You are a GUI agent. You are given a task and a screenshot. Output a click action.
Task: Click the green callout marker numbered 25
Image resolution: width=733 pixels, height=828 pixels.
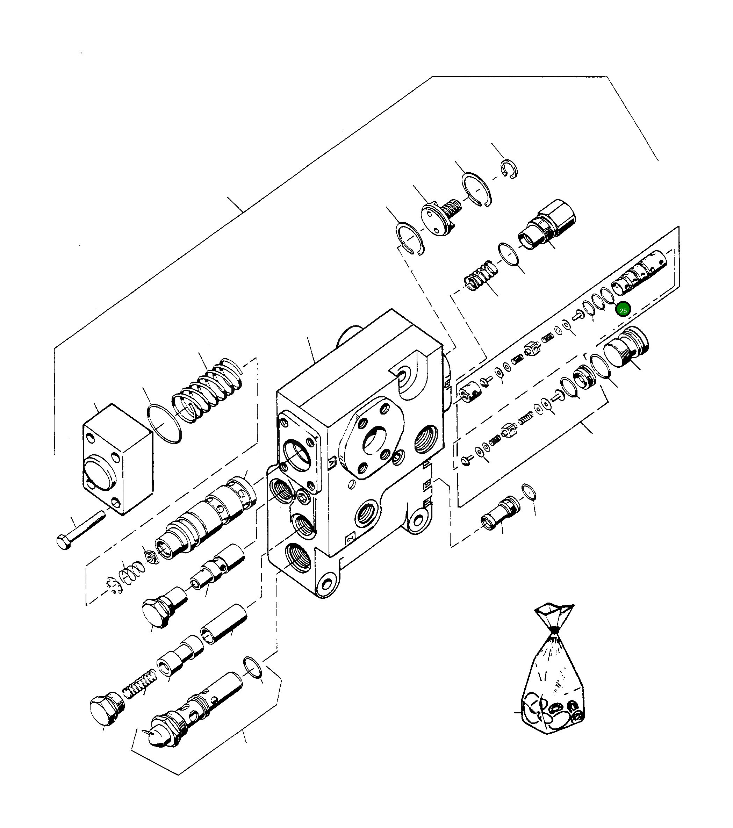[x=623, y=311]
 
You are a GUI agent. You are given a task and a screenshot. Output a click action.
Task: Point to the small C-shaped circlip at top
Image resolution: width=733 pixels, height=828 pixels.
[x=509, y=169]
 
